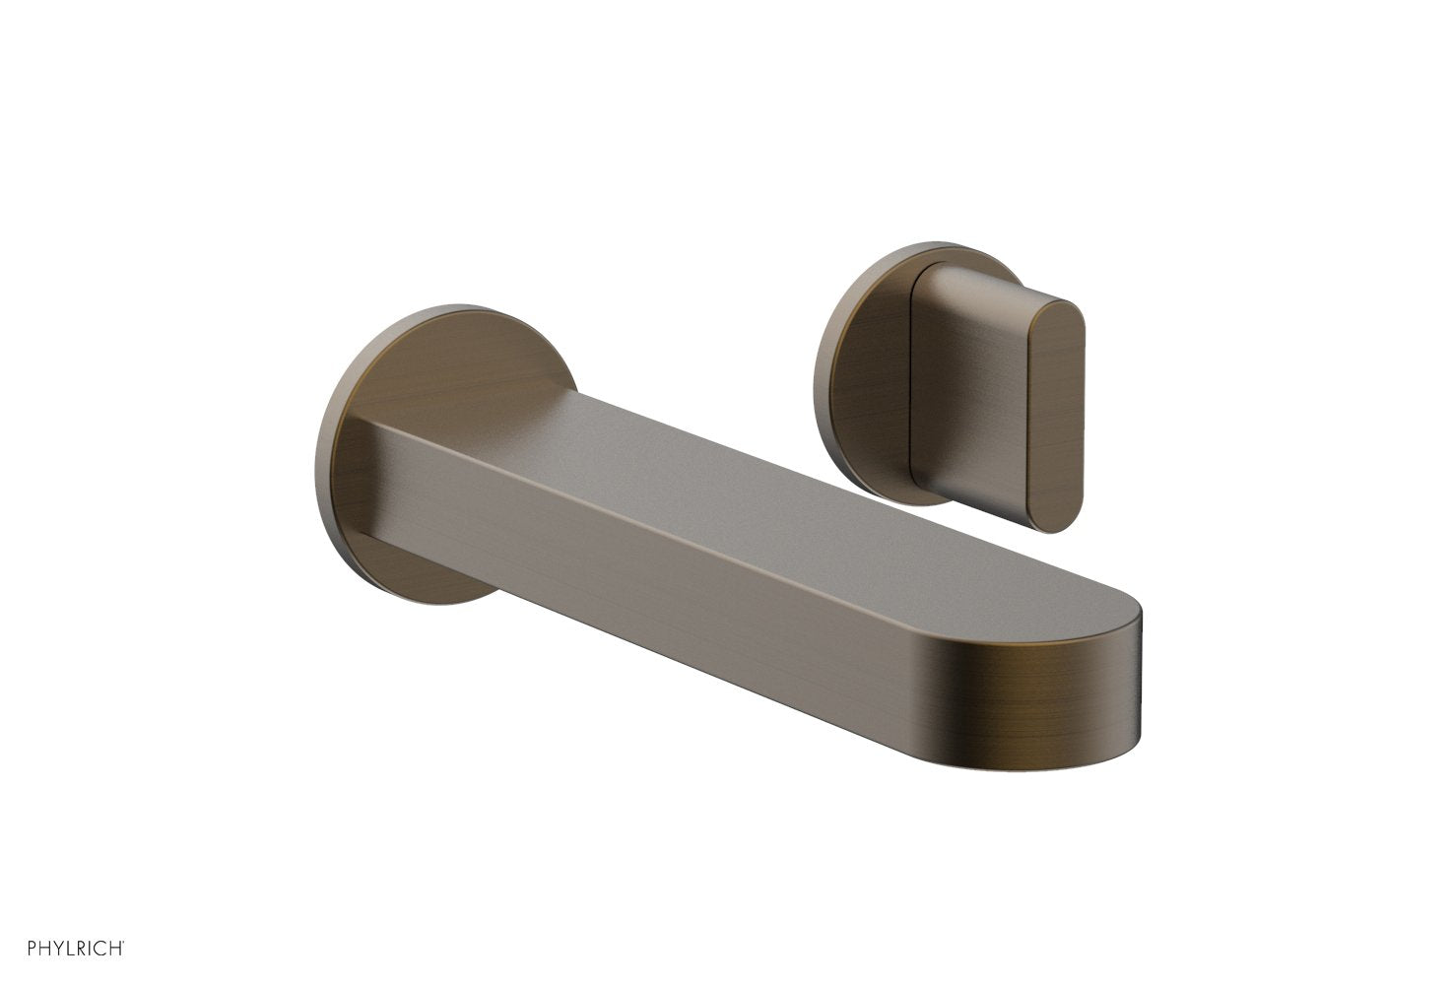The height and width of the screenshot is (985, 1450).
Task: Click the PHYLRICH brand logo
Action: click(x=75, y=948)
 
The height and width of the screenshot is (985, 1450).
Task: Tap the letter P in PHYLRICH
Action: click(x=33, y=949)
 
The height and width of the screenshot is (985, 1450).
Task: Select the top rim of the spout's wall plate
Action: click(x=443, y=310)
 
